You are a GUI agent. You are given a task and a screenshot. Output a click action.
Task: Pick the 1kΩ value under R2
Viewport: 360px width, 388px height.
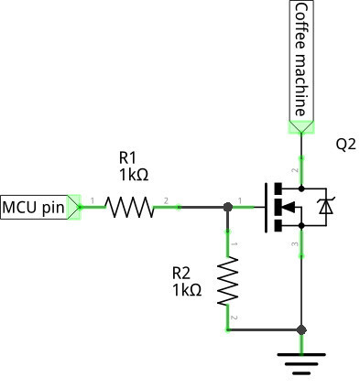pos(186,289)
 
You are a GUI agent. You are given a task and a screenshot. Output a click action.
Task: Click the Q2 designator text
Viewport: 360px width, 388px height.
pos(345,145)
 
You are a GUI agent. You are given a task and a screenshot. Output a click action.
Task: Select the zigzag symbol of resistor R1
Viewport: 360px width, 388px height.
pos(130,208)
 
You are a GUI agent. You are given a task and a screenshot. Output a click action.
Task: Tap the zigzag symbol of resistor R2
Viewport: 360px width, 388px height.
pos(227,281)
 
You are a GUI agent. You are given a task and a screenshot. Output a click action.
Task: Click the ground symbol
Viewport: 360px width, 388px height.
pos(301,364)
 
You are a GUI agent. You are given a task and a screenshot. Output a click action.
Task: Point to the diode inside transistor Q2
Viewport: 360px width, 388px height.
pos(325,208)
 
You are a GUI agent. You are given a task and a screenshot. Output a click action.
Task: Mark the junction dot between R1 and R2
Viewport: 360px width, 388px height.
pos(227,208)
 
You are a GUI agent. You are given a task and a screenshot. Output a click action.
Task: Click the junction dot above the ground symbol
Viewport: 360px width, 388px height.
pos(301,329)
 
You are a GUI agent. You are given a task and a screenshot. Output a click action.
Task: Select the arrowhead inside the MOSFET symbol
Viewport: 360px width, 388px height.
pos(287,208)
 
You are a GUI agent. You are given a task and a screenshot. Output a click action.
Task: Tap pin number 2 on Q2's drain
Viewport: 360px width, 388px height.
pos(295,170)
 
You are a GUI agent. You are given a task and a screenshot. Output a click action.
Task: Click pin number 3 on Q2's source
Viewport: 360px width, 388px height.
pos(295,244)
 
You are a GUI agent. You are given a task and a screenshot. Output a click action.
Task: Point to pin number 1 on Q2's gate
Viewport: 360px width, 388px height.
pos(241,200)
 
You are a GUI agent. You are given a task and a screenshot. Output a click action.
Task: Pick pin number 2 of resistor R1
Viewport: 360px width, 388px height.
pos(166,200)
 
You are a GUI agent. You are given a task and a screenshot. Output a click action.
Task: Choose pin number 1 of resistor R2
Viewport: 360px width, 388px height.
pos(234,244)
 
